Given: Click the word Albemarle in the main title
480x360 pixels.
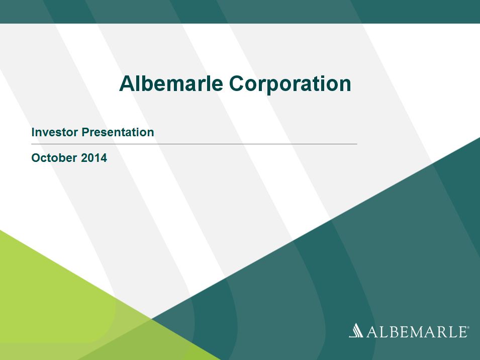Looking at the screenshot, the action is [171, 83].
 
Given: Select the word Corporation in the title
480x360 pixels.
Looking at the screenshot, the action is [290, 84].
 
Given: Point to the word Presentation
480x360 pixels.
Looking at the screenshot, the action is [118, 132].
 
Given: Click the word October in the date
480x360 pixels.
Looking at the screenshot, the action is [54, 158].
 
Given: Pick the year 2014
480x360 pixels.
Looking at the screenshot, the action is [94, 158].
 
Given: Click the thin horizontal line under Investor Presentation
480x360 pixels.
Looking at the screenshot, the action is [194, 144].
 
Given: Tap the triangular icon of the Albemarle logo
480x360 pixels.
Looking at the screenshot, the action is [356, 330].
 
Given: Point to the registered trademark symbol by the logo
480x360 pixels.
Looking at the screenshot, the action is [467, 327].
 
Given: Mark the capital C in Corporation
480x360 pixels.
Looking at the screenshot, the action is [237, 83].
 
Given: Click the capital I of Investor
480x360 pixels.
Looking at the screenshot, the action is [33, 132].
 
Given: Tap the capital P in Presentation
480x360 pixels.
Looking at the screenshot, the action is [86, 132].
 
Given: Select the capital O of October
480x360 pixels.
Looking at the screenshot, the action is [36, 158].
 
